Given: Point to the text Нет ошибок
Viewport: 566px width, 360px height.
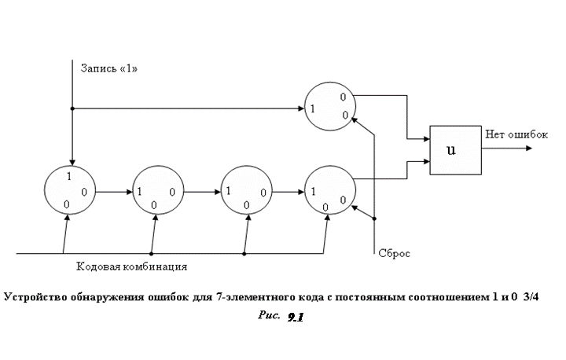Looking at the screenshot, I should click(516, 135).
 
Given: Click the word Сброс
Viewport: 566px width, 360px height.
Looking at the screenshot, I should click(395, 254).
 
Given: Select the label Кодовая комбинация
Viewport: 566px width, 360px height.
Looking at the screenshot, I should click(131, 266).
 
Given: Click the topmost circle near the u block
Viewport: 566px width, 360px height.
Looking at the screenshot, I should click(331, 107).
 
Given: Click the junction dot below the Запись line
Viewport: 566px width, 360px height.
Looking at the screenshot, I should click(72, 108).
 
